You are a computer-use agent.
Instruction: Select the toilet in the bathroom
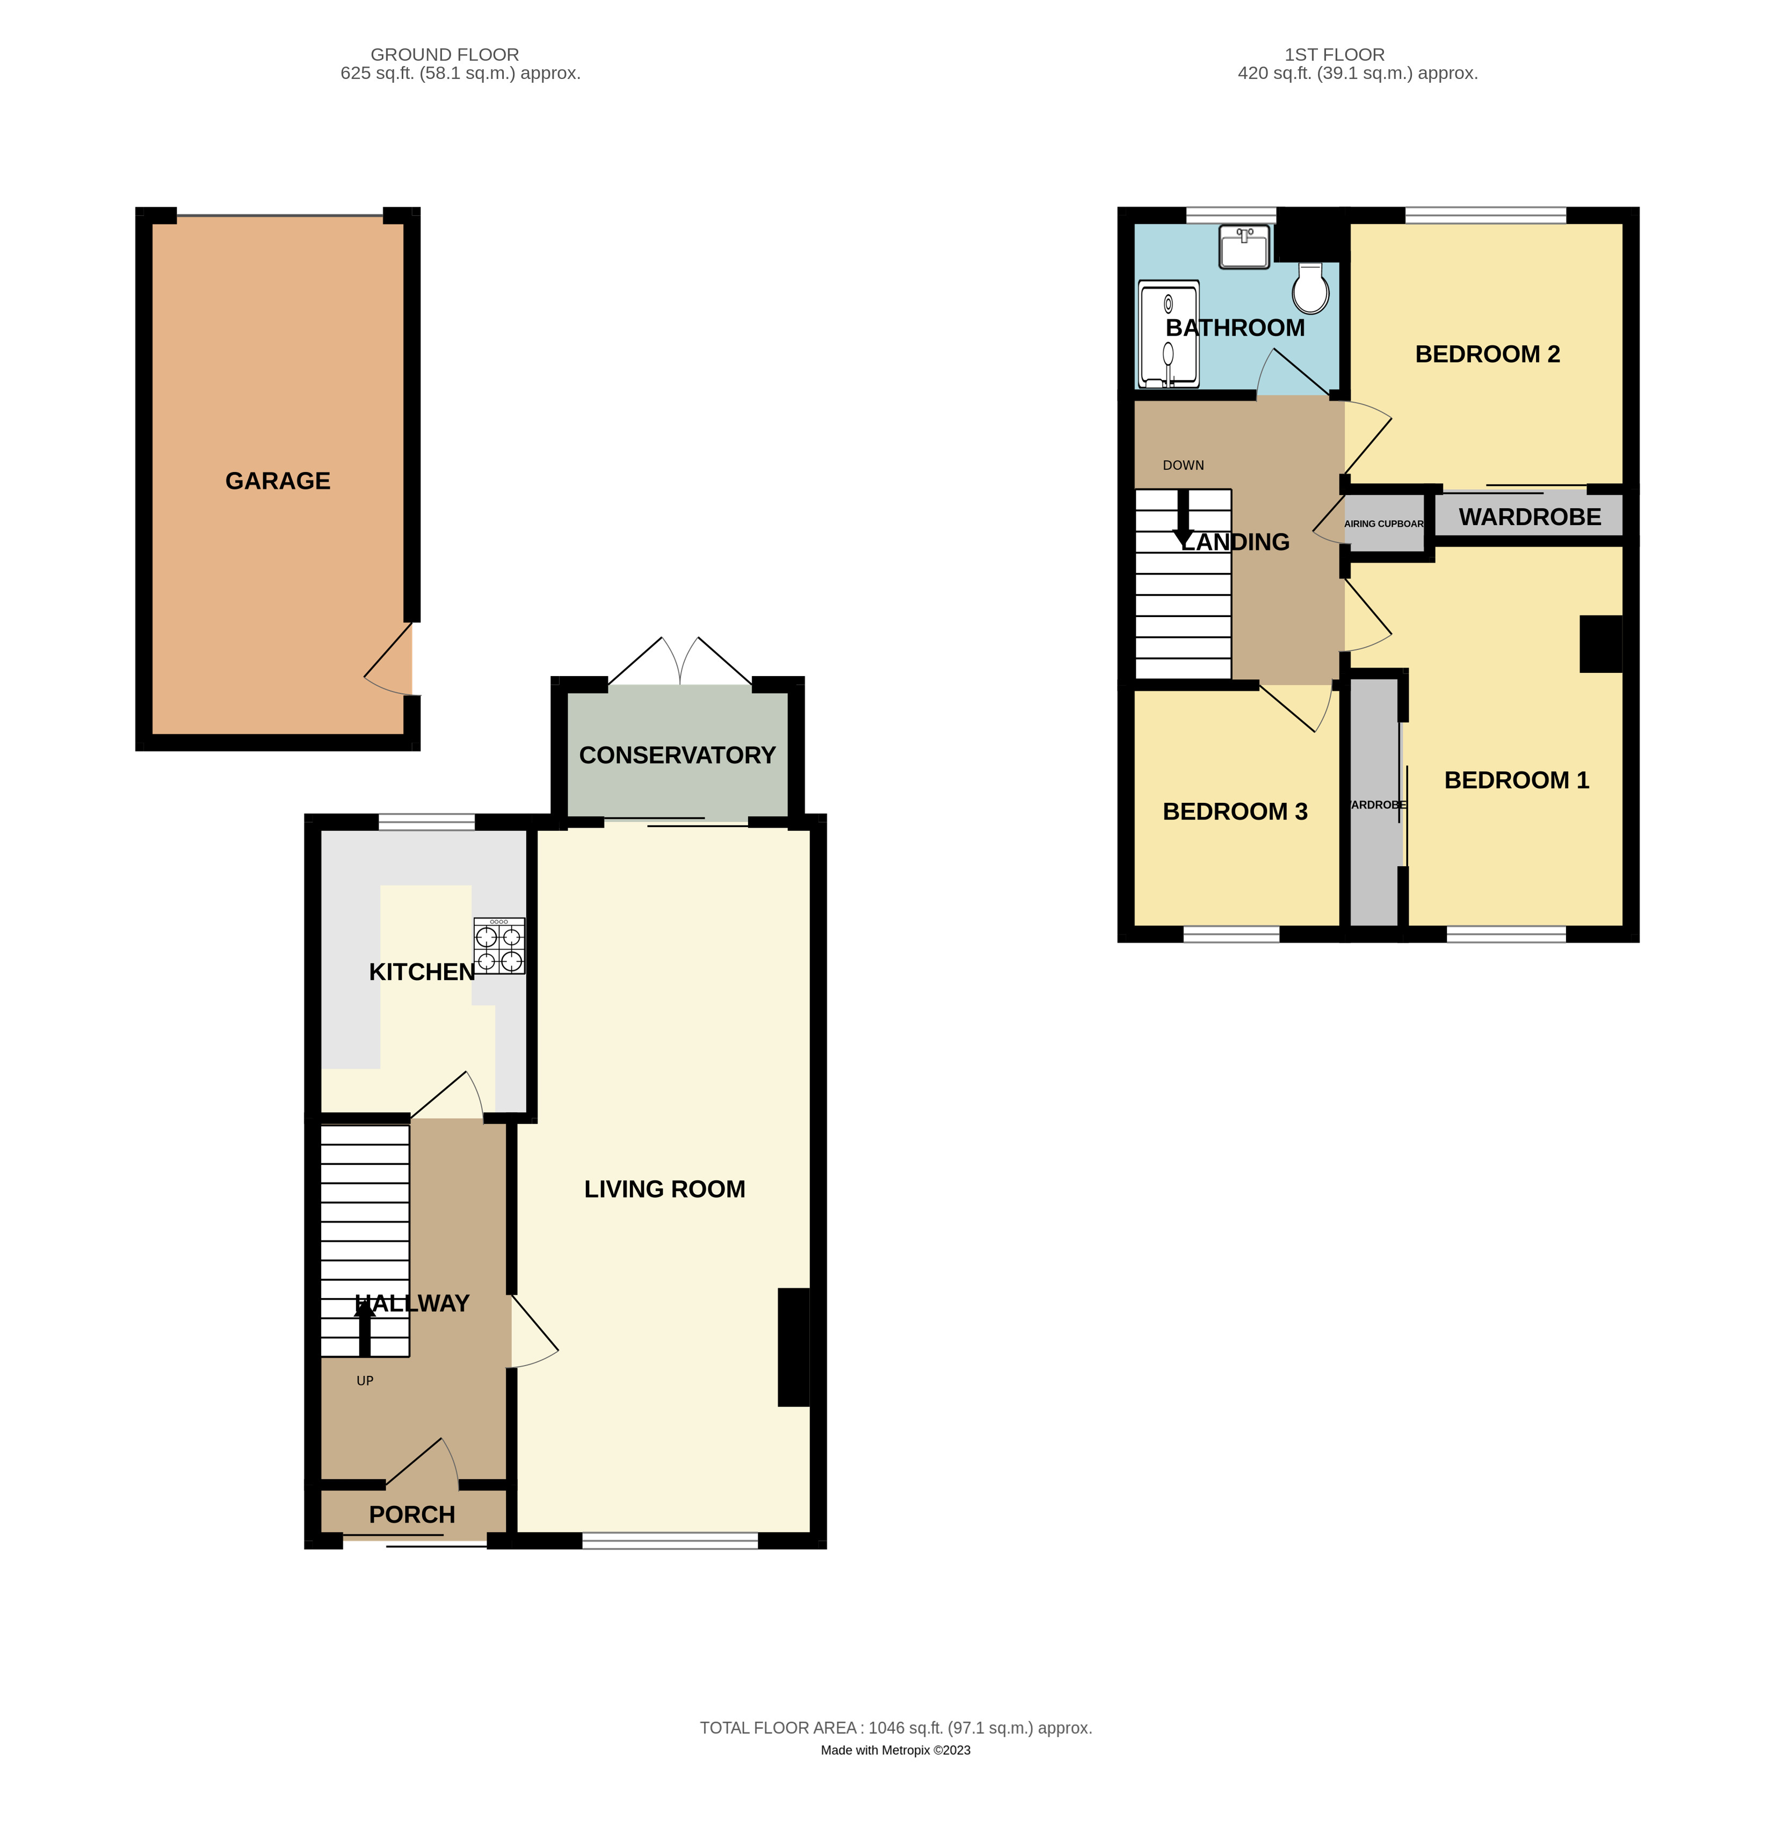tap(1310, 288)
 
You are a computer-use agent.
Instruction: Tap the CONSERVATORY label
tap(677, 756)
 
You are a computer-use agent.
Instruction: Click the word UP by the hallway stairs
tap(365, 1380)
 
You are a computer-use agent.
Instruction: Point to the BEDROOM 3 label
tap(1235, 811)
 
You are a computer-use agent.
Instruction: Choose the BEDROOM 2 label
tap(1487, 354)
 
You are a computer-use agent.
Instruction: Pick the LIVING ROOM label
tap(664, 1189)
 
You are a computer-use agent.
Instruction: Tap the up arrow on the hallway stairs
tap(365, 1327)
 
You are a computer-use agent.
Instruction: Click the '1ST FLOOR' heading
tap(1334, 55)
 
